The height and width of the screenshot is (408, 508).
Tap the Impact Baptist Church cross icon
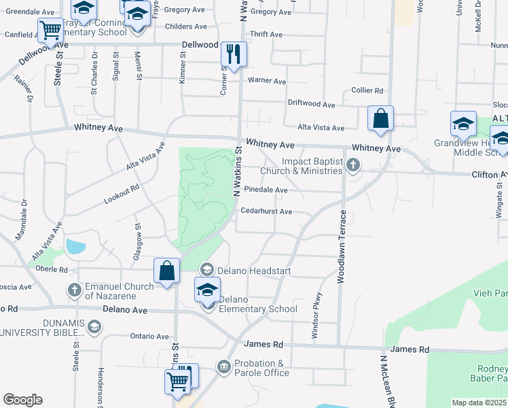(352, 164)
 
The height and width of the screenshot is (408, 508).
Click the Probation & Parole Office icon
(224, 368)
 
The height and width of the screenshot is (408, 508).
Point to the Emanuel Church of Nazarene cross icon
(75, 290)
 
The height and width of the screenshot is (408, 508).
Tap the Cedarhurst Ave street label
(267, 211)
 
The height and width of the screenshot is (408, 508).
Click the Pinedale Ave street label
(266, 190)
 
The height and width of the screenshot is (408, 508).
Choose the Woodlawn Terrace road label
(342, 246)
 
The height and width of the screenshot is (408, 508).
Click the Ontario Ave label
(149, 336)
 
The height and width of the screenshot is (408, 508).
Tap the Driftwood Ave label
(312, 105)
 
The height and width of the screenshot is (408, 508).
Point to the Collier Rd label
(367, 90)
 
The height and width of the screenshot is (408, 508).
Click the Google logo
(22, 399)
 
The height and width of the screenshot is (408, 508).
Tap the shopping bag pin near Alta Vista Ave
(381, 118)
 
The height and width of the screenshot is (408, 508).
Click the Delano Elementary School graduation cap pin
(208, 291)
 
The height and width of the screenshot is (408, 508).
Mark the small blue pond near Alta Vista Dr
(74, 247)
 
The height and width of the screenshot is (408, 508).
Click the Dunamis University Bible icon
(94, 327)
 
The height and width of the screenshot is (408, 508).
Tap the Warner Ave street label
(267, 80)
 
